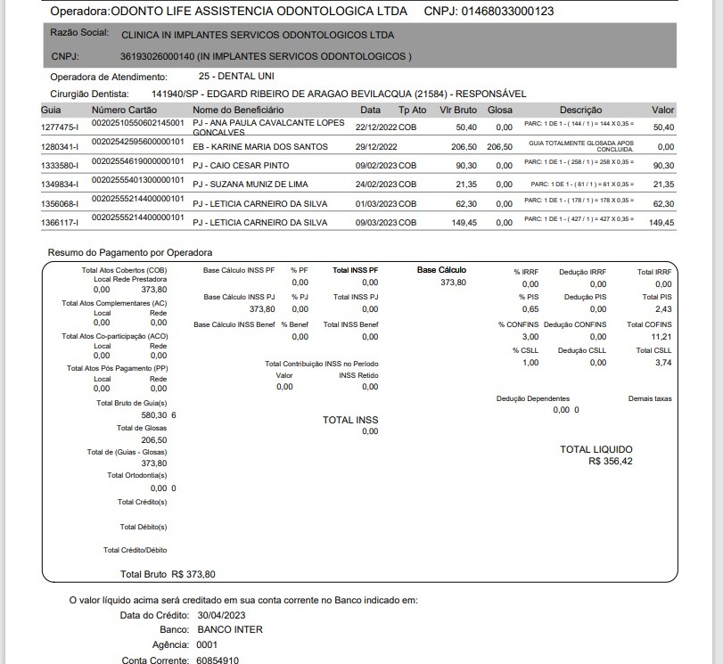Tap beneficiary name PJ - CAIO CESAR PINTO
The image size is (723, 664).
click(241, 166)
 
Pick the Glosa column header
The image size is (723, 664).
click(500, 110)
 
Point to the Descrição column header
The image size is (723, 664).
click(580, 110)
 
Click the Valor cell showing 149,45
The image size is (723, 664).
click(661, 223)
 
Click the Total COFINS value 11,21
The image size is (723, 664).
click(660, 337)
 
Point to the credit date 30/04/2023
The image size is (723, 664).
click(221, 615)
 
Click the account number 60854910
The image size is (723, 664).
click(218, 660)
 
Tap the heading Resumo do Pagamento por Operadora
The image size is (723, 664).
click(130, 253)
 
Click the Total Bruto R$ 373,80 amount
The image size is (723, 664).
click(193, 574)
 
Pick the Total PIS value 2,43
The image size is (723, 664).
click(662, 309)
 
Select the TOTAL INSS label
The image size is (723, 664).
click(350, 420)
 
